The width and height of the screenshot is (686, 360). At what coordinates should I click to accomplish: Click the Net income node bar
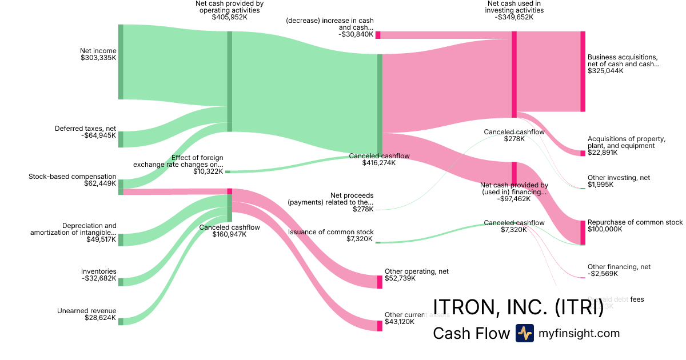pyautogui.click(x=121, y=62)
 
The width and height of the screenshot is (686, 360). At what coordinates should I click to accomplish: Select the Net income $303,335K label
pyautogui.click(x=98, y=54)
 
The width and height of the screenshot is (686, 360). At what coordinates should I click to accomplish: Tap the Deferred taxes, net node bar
pyautogui.click(x=121, y=139)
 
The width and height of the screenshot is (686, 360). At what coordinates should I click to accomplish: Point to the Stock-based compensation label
pyautogui.click(x=73, y=177)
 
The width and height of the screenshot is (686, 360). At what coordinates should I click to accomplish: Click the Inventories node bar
pyautogui.click(x=121, y=281)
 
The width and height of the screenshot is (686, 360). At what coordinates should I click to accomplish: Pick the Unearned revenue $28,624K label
pyautogui.click(x=87, y=314)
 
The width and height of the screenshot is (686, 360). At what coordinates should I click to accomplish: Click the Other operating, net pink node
pyautogui.click(x=380, y=282)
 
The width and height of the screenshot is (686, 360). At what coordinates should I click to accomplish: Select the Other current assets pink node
pyautogui.click(x=380, y=326)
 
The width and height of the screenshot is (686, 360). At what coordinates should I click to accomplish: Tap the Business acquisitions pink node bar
pyautogui.click(x=583, y=71)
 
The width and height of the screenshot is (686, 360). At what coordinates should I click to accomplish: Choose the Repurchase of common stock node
pyautogui.click(x=583, y=233)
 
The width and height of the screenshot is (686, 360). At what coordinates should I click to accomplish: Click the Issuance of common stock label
pyautogui.click(x=331, y=232)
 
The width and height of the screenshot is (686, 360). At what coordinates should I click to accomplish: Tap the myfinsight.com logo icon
pyautogui.click(x=524, y=333)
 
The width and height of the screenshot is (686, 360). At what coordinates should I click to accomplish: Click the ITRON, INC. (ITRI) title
pyautogui.click(x=519, y=307)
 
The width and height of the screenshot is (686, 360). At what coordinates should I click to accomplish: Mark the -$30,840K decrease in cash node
pyautogui.click(x=378, y=35)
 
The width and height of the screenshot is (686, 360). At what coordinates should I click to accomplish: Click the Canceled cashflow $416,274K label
pyautogui.click(x=379, y=159)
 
